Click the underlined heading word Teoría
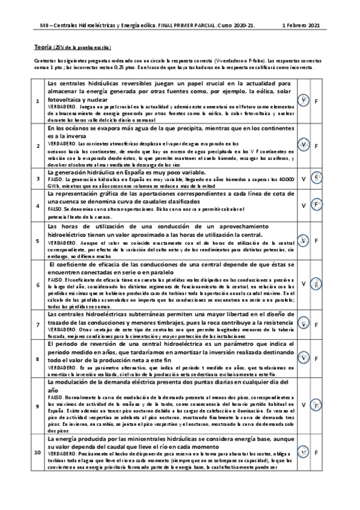43,46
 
